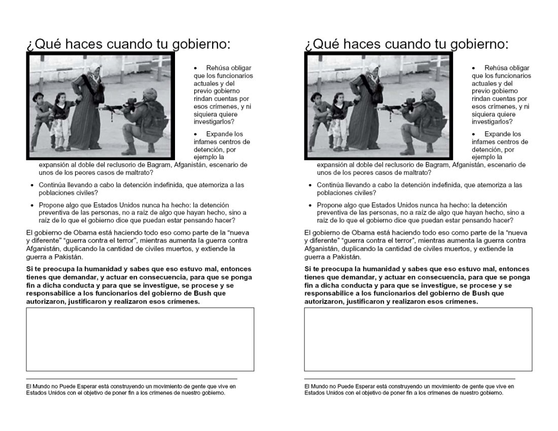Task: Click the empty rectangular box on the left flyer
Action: tap(140, 339)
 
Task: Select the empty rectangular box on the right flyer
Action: tap(418, 339)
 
